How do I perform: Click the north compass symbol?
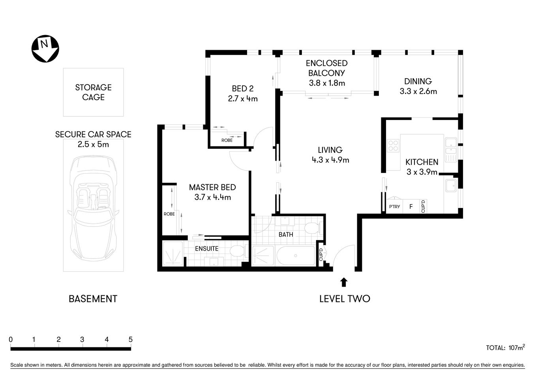click(45, 49)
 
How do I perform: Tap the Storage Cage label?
click(93, 92)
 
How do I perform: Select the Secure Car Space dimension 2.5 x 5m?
click(93, 144)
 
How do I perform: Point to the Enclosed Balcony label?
click(326, 68)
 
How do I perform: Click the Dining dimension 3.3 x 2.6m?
click(418, 92)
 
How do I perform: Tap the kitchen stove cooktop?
click(394, 146)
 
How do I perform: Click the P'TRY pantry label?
click(394, 206)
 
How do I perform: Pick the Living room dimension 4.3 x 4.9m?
click(330, 160)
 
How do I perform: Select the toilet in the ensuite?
click(237, 251)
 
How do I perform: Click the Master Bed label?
click(212, 188)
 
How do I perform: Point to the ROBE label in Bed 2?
click(227, 140)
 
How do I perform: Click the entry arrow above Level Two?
click(344, 282)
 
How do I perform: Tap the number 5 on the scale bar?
click(130, 340)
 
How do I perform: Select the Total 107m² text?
click(505, 348)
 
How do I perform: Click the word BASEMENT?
click(93, 299)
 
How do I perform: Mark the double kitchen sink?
click(450, 150)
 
